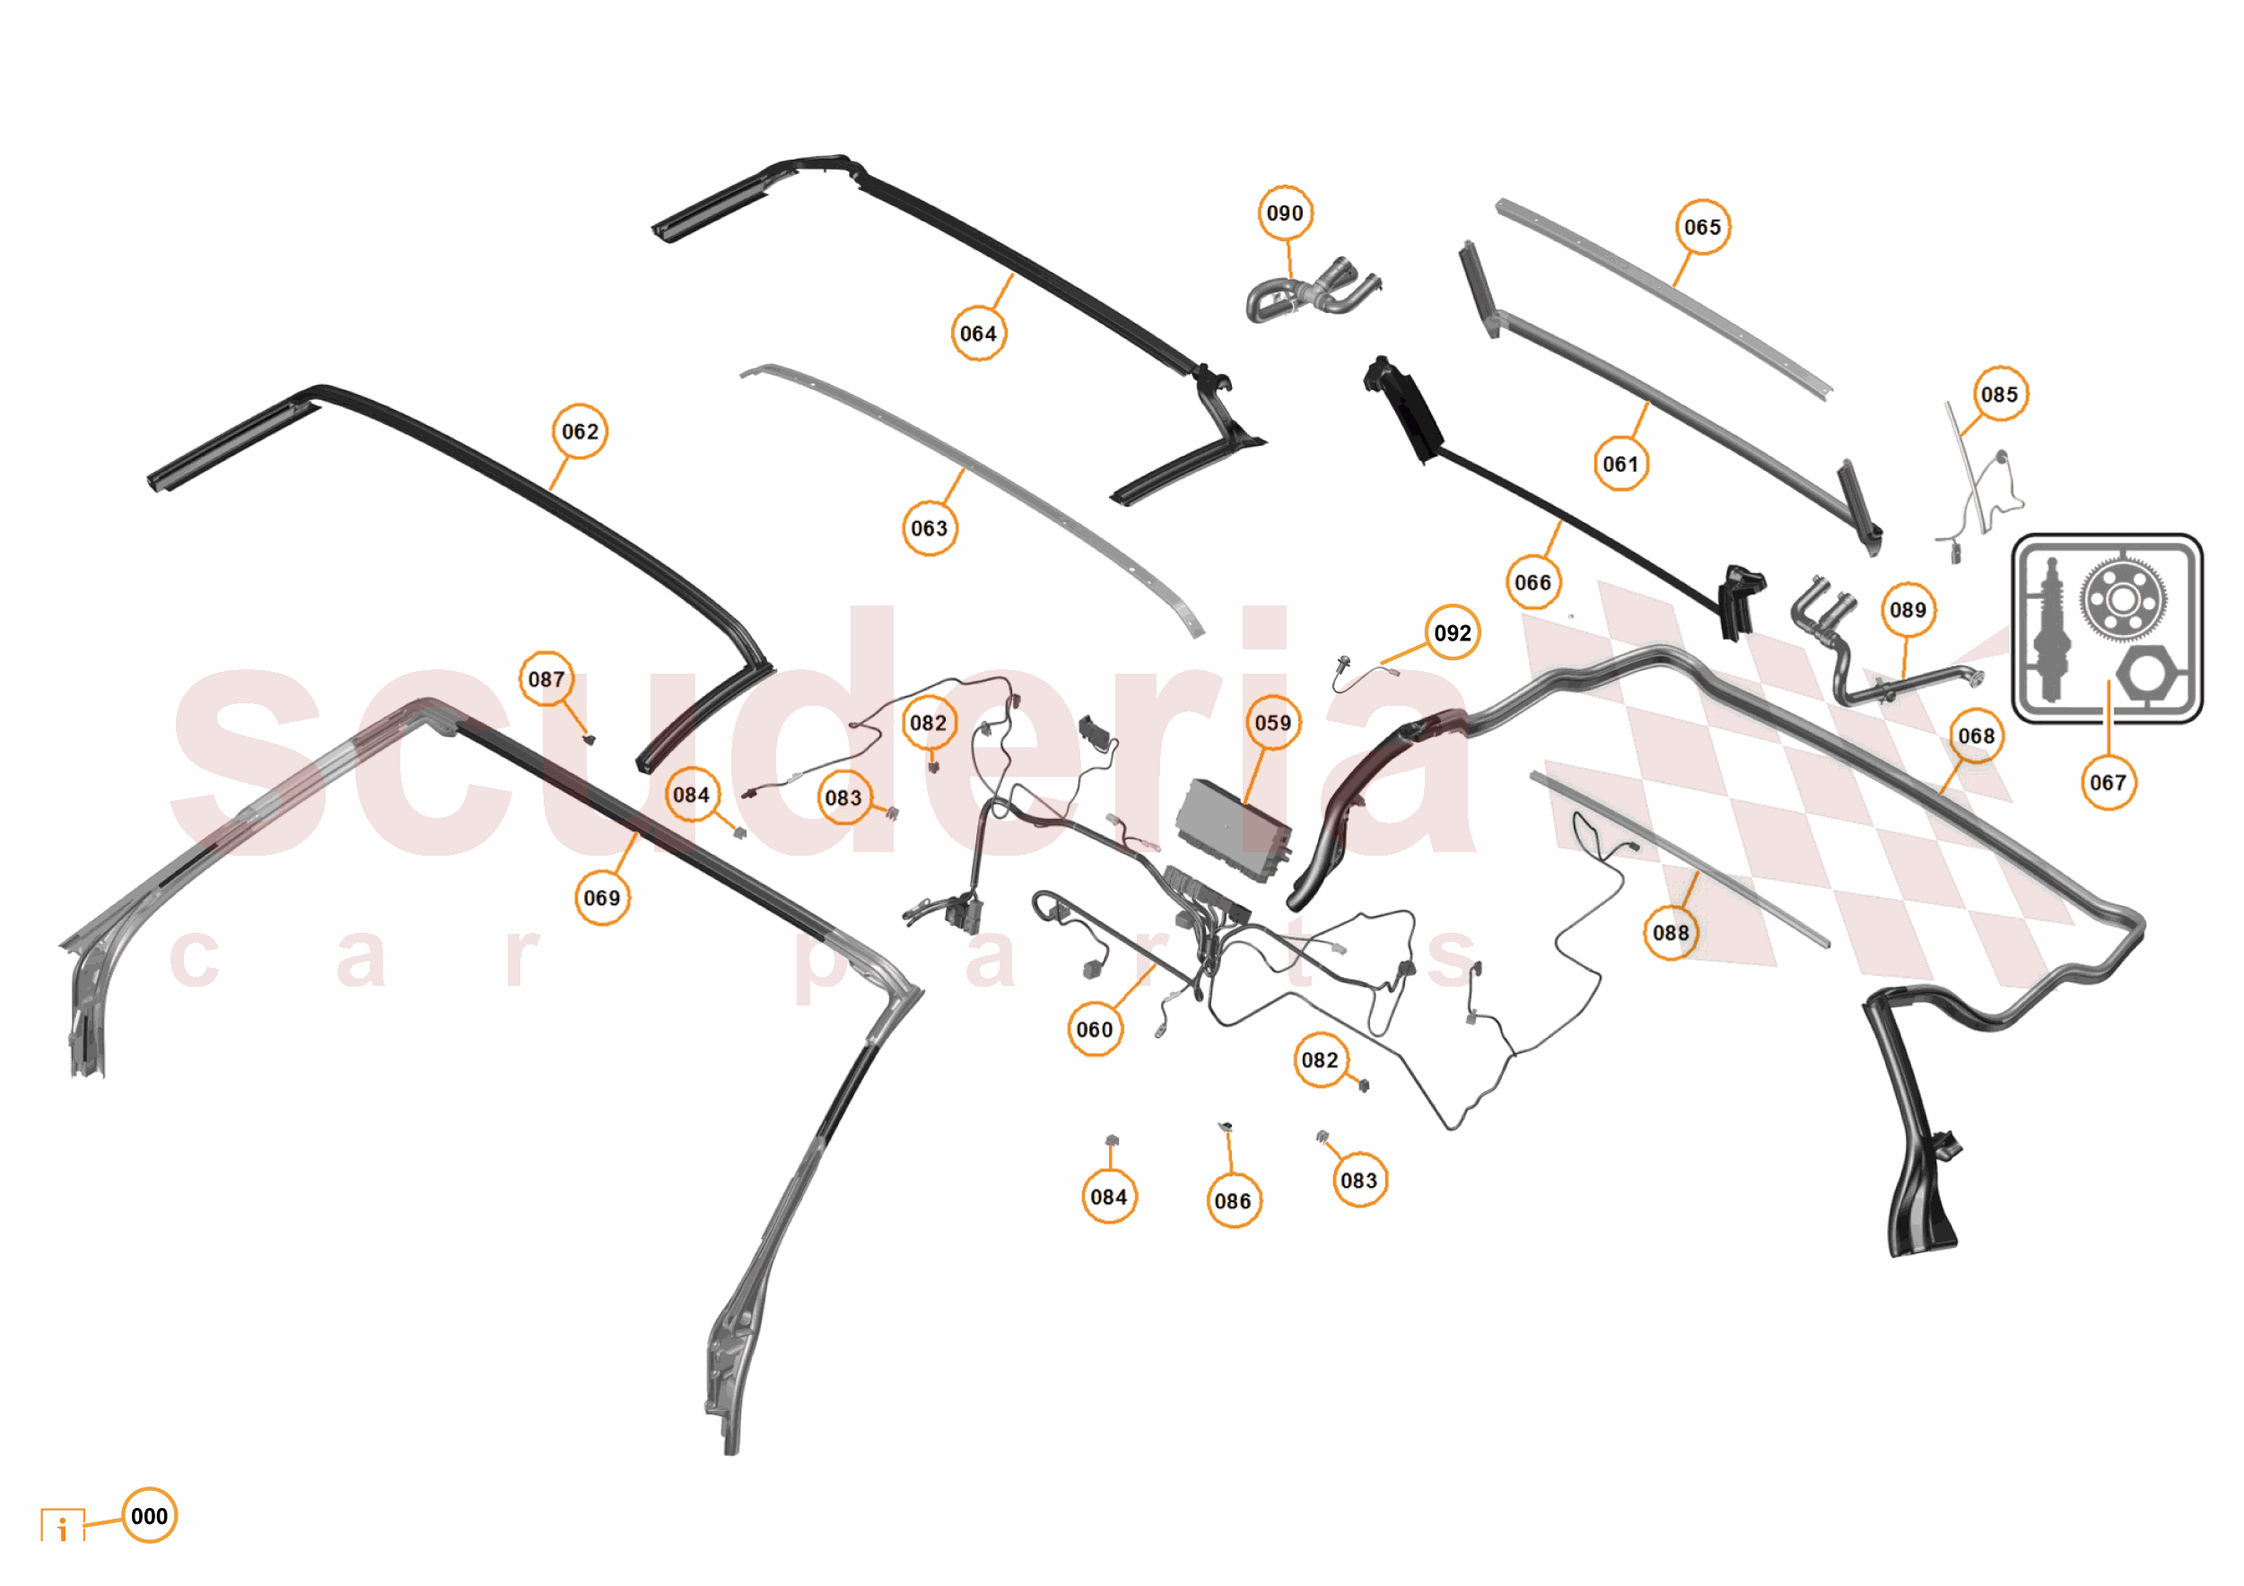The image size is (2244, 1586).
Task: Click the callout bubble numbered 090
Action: point(1284,213)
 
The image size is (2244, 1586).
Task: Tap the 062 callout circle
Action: point(580,431)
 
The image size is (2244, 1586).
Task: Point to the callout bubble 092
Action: point(1452,632)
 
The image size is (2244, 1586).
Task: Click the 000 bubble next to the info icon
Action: point(150,1516)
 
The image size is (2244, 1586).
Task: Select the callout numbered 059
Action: point(1272,722)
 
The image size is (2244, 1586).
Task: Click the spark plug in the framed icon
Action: point(2050,631)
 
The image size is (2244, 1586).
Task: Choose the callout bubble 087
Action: point(546,678)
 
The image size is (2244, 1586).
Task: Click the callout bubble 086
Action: point(1233,1200)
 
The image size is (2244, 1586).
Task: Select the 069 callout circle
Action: point(602,897)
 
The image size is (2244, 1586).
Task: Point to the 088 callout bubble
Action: point(1671,932)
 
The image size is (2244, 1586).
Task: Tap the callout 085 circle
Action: point(2000,394)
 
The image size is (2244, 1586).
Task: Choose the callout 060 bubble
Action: point(1095,1029)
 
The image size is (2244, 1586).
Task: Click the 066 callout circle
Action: point(1532,582)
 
